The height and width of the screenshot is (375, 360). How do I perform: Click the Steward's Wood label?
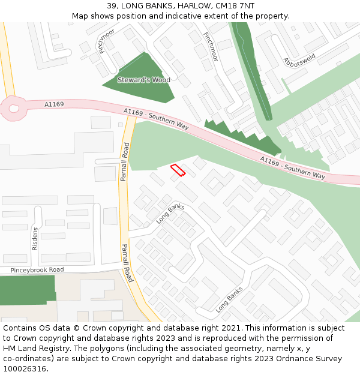[143, 80]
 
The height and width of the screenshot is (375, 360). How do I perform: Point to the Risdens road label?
[35, 238]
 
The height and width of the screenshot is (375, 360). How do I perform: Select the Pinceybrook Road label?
[37, 270]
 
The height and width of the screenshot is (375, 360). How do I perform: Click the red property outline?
[178, 170]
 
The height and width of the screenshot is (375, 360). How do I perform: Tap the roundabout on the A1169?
[13, 109]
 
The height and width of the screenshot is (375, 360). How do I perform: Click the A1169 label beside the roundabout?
[54, 104]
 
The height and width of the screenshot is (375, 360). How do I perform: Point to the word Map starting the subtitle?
[80, 16]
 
